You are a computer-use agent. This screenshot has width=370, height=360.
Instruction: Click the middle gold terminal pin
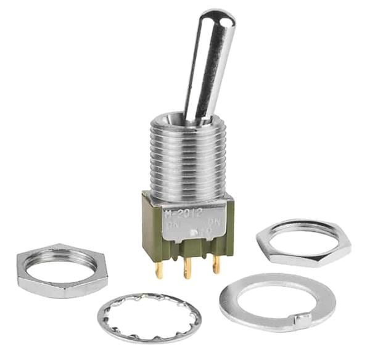pyautogui.click(x=187, y=268)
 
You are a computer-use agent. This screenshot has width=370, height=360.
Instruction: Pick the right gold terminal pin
pyautogui.click(x=216, y=264)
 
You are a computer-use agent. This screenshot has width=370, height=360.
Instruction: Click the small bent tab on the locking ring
pyautogui.click(x=302, y=319)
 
